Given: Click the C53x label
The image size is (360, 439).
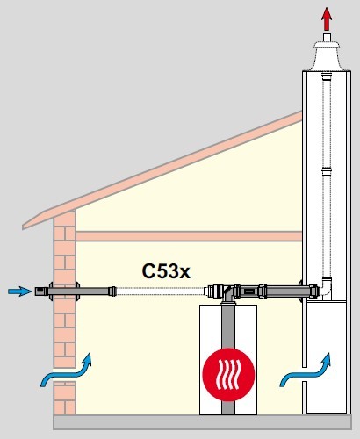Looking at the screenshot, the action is [166, 271].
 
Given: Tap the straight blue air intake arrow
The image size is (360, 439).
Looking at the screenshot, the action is [20, 291].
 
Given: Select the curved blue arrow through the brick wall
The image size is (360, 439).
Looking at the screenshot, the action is [66, 371].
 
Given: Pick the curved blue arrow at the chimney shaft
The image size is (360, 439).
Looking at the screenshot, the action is [306, 371].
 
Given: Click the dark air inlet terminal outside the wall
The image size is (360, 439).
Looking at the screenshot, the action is [41, 291].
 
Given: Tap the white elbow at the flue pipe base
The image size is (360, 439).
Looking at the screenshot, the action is [327, 288].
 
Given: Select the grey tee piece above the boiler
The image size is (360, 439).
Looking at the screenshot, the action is [227, 294].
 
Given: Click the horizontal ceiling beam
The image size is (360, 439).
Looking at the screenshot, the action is [189, 236].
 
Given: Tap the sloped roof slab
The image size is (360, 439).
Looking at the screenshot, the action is [162, 169].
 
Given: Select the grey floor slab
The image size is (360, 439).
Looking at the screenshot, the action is [202, 422].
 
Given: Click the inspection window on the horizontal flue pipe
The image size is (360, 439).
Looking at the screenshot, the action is [249, 291].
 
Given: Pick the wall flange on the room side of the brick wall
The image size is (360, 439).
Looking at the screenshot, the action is [77, 291].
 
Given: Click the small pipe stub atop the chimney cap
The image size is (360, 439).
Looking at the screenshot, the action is [327, 37].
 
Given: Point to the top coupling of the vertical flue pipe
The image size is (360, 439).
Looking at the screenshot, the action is [327, 77].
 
